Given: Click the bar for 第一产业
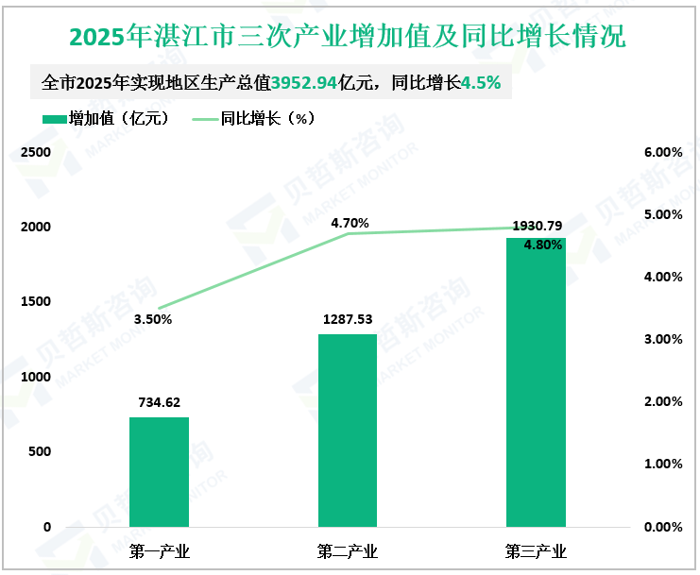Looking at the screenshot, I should (x=159, y=471).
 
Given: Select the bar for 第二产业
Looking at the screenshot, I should (x=348, y=430).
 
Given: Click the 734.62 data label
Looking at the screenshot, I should (x=159, y=401).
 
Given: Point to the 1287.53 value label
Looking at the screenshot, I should (x=348, y=318).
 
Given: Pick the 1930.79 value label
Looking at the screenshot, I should (x=537, y=226).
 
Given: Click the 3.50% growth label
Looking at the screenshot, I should (x=153, y=319).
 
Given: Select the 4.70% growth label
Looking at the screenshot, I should (x=350, y=223).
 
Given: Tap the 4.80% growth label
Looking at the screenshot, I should (x=543, y=245).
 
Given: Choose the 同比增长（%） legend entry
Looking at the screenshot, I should (x=253, y=119).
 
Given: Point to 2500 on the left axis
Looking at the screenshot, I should (x=35, y=152).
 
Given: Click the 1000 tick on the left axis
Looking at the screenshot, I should (x=35, y=377).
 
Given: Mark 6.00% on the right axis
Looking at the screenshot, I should (x=662, y=152).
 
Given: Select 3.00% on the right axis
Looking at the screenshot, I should (x=662, y=339).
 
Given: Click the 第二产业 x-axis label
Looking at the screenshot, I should (x=348, y=551).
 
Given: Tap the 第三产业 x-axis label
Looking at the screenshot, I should (x=536, y=551).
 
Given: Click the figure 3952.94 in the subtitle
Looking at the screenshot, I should (x=304, y=83).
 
